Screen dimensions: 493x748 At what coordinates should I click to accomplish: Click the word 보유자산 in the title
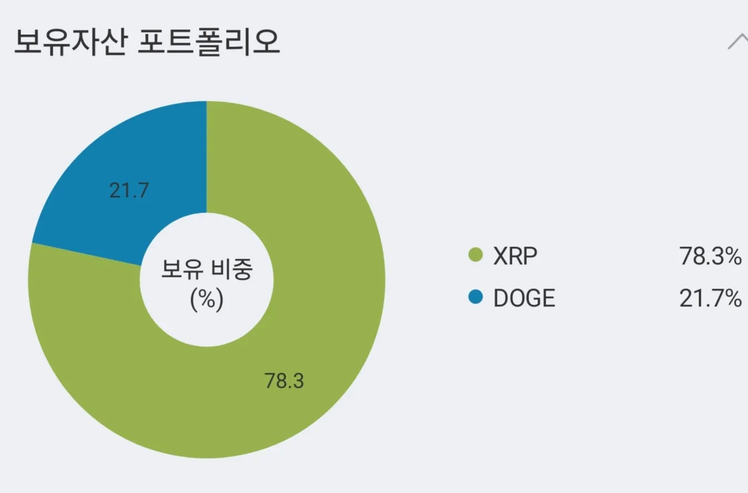coord(67,42)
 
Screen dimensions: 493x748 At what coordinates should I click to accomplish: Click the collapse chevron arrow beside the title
coord(738,42)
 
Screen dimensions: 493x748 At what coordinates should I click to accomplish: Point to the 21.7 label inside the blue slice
coord(129,192)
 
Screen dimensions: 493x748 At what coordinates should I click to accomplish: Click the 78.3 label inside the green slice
coord(284,381)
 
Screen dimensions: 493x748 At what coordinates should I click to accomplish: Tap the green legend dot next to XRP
coord(475,256)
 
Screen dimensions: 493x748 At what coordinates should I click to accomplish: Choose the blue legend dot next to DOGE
coord(475,298)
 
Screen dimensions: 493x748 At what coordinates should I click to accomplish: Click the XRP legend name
coord(515,256)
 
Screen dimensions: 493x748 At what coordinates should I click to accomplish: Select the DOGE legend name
coord(524,299)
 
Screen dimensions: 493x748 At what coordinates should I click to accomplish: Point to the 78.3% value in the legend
coord(710,256)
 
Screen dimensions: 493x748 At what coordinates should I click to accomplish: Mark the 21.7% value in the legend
coord(710,299)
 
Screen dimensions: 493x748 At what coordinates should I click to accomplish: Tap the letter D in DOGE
coord(500,299)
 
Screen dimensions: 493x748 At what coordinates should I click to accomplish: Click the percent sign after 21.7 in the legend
coord(732,299)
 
